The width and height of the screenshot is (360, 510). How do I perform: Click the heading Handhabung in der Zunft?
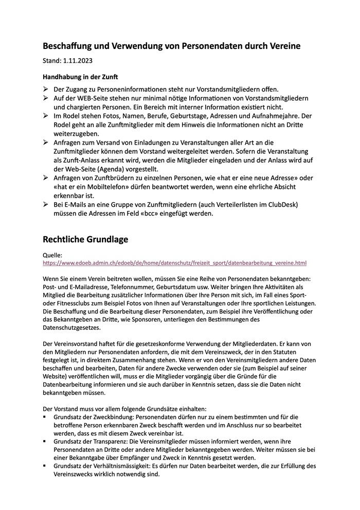pos(80,77)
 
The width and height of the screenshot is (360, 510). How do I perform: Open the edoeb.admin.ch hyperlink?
pos(175,262)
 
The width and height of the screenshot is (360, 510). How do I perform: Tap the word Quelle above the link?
pos(52,255)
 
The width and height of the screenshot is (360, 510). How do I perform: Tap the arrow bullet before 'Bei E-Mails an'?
pos(46,204)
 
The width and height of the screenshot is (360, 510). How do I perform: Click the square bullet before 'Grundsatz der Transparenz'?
pos(45,442)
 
